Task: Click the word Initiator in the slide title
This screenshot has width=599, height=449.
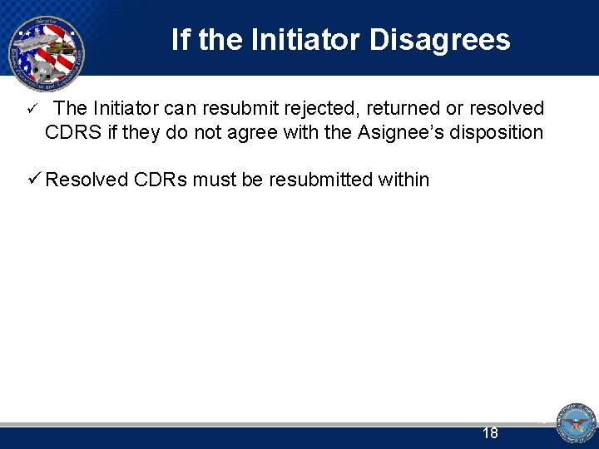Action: click(x=292, y=39)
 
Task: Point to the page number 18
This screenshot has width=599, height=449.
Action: click(x=490, y=433)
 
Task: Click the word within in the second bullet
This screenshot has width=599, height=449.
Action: click(x=403, y=180)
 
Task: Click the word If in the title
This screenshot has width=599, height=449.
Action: click(x=180, y=39)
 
